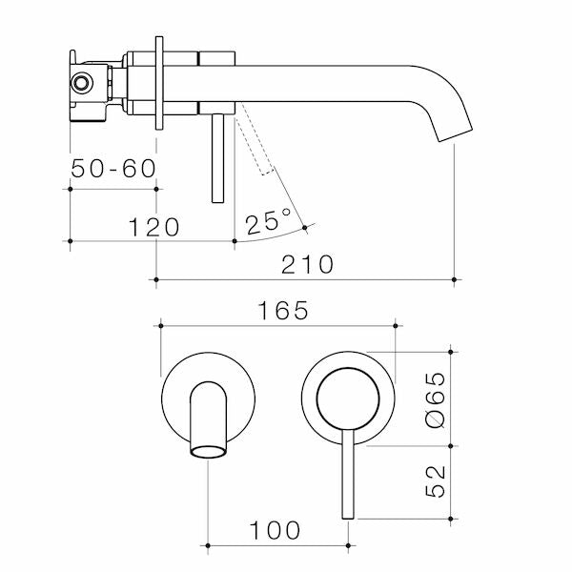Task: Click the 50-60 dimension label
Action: (x=113, y=169)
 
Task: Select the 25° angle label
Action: (x=268, y=223)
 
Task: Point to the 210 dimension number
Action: (x=306, y=264)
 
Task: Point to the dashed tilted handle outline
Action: (x=255, y=143)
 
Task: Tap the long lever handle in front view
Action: (x=347, y=477)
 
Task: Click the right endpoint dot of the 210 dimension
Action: (x=454, y=279)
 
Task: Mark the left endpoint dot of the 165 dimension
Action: (x=160, y=326)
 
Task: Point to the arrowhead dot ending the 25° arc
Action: (x=304, y=227)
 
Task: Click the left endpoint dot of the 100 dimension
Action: (x=207, y=547)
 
